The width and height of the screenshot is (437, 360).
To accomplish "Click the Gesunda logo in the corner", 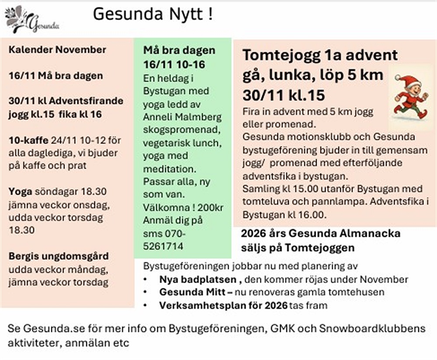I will point(31,20).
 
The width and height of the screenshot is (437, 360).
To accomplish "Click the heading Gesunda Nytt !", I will point(153,14).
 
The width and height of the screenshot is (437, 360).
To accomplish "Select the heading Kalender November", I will point(57,49).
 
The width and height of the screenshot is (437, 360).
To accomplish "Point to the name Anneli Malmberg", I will point(182,117).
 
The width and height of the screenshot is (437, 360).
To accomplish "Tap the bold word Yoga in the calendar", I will point(20,192).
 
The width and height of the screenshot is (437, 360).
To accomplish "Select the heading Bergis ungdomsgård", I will point(59,256).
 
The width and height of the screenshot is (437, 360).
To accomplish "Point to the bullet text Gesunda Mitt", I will point(193,292).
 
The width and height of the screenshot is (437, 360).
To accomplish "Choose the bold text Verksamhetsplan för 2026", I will point(223,305).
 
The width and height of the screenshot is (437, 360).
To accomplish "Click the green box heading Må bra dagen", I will point(179,50).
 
